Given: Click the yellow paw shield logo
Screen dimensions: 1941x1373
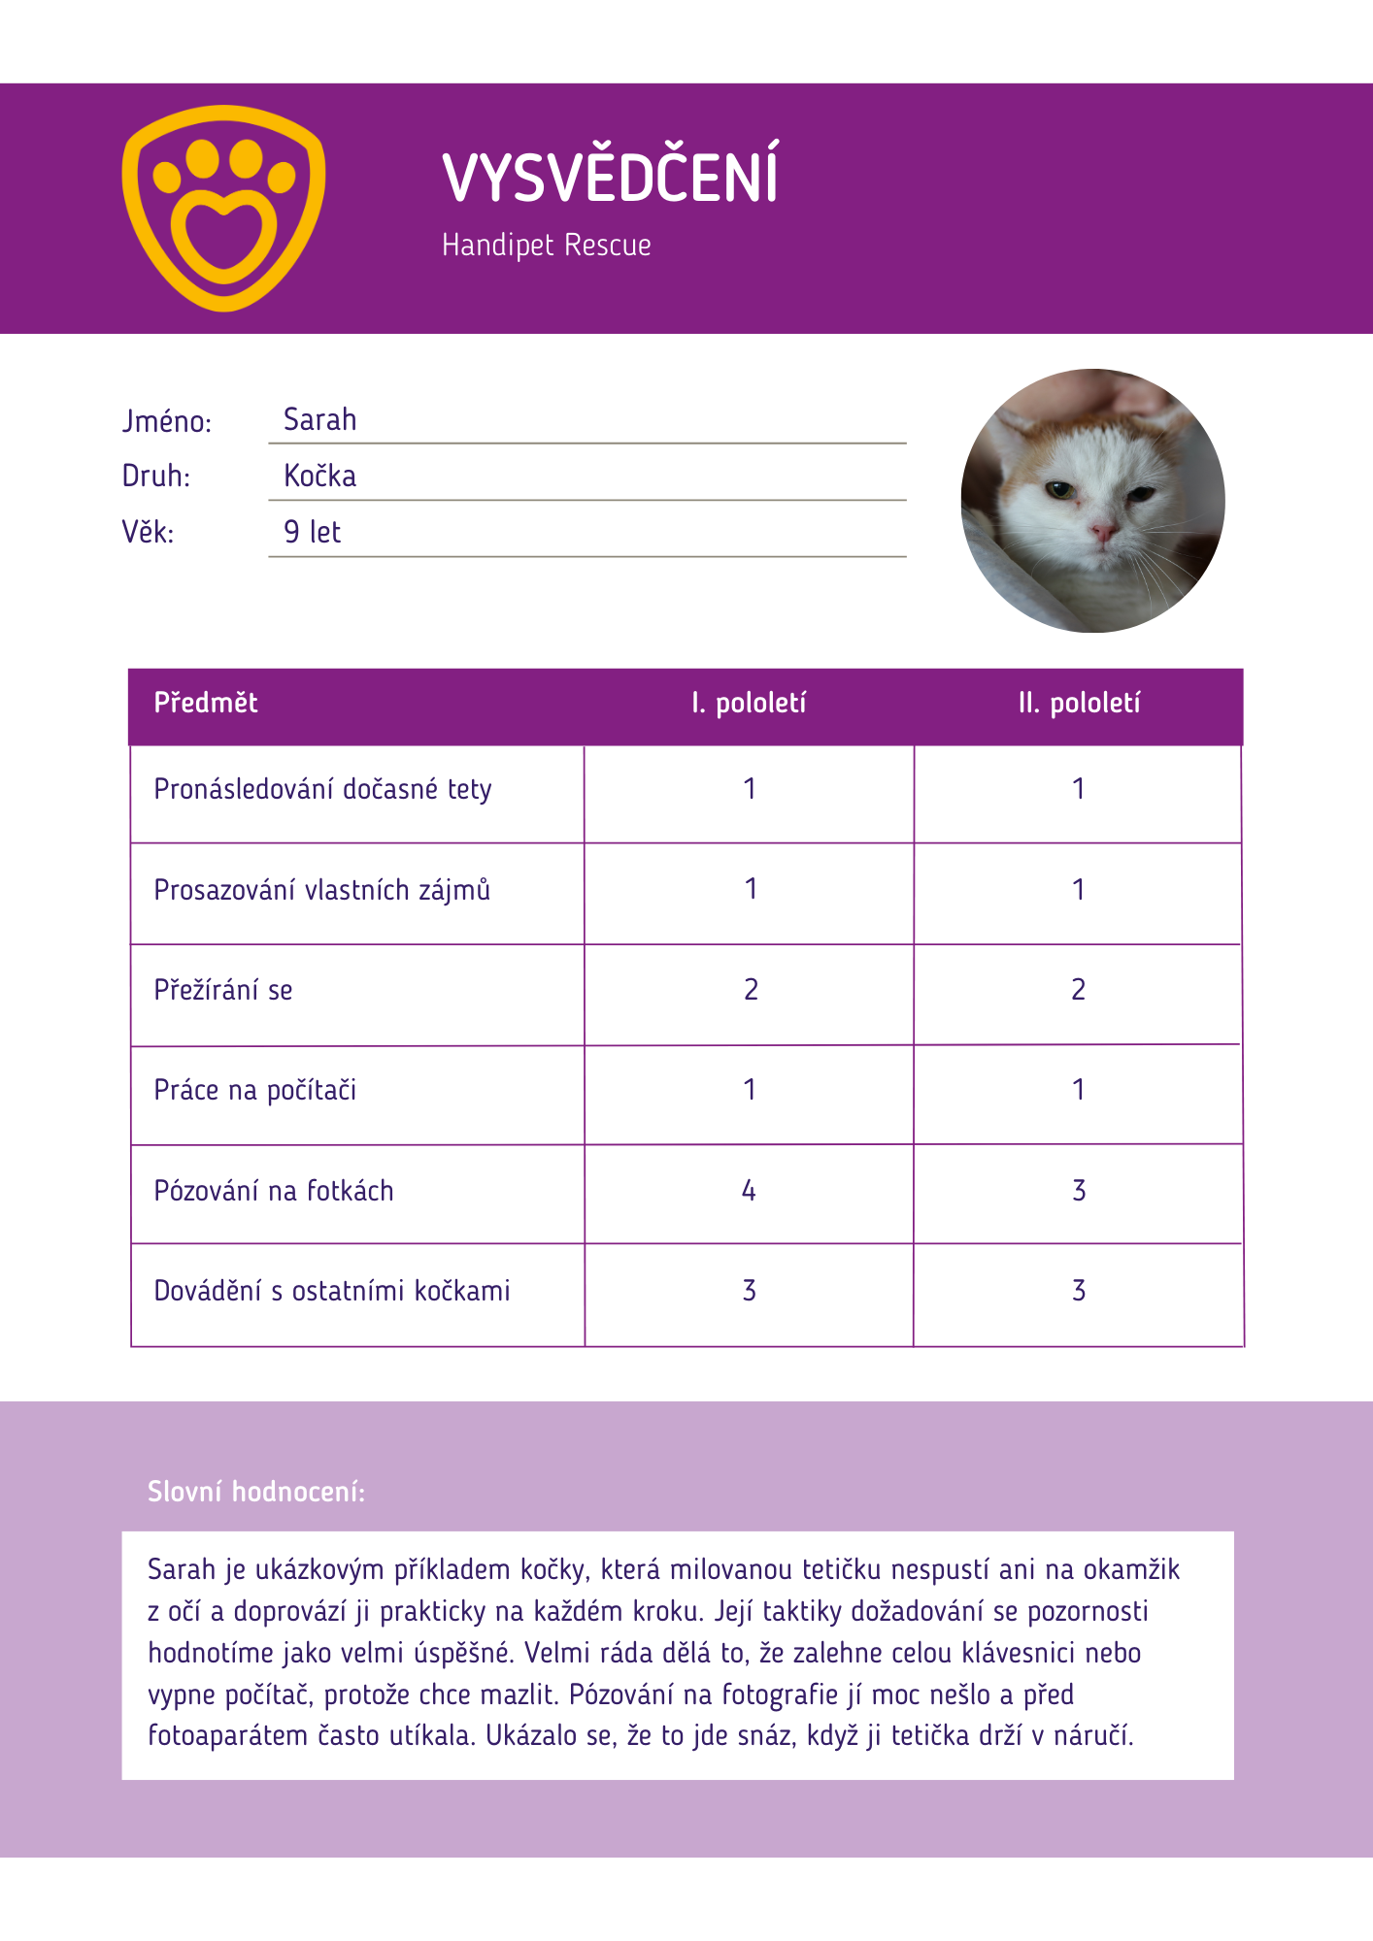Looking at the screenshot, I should (x=223, y=208).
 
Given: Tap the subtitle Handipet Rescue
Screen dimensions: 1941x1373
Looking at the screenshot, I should (x=546, y=245).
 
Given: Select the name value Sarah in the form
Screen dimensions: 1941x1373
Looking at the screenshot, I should (x=319, y=420).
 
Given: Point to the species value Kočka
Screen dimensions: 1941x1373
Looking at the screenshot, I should (x=319, y=477).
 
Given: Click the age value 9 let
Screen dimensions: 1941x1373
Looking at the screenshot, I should (x=312, y=532).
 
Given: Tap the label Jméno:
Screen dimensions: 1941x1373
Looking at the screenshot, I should (x=166, y=422).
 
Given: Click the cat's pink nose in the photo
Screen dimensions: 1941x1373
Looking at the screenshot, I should (x=1102, y=531).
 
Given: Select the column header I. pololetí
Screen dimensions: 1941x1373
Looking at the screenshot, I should (x=749, y=704).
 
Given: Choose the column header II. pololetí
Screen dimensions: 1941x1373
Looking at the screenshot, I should (x=1079, y=704).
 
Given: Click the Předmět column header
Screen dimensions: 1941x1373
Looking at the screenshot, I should (x=206, y=704).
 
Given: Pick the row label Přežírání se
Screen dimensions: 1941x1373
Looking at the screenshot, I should (x=223, y=991).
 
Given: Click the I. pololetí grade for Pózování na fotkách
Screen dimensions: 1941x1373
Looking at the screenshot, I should (x=749, y=1191).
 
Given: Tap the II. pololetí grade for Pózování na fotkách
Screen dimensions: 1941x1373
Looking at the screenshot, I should (x=1079, y=1191).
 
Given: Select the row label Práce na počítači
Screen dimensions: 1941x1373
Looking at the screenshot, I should (x=255, y=1091).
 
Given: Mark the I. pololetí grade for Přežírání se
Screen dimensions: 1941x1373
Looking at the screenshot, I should (x=751, y=990).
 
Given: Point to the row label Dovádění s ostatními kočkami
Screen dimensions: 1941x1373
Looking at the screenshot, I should (x=332, y=1292).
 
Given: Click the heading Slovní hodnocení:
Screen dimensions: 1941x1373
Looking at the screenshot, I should (x=256, y=1492).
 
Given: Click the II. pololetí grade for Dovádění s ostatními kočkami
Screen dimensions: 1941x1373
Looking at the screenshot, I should (x=1079, y=1291).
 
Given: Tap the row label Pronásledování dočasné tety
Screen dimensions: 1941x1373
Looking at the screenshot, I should (x=322, y=790).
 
